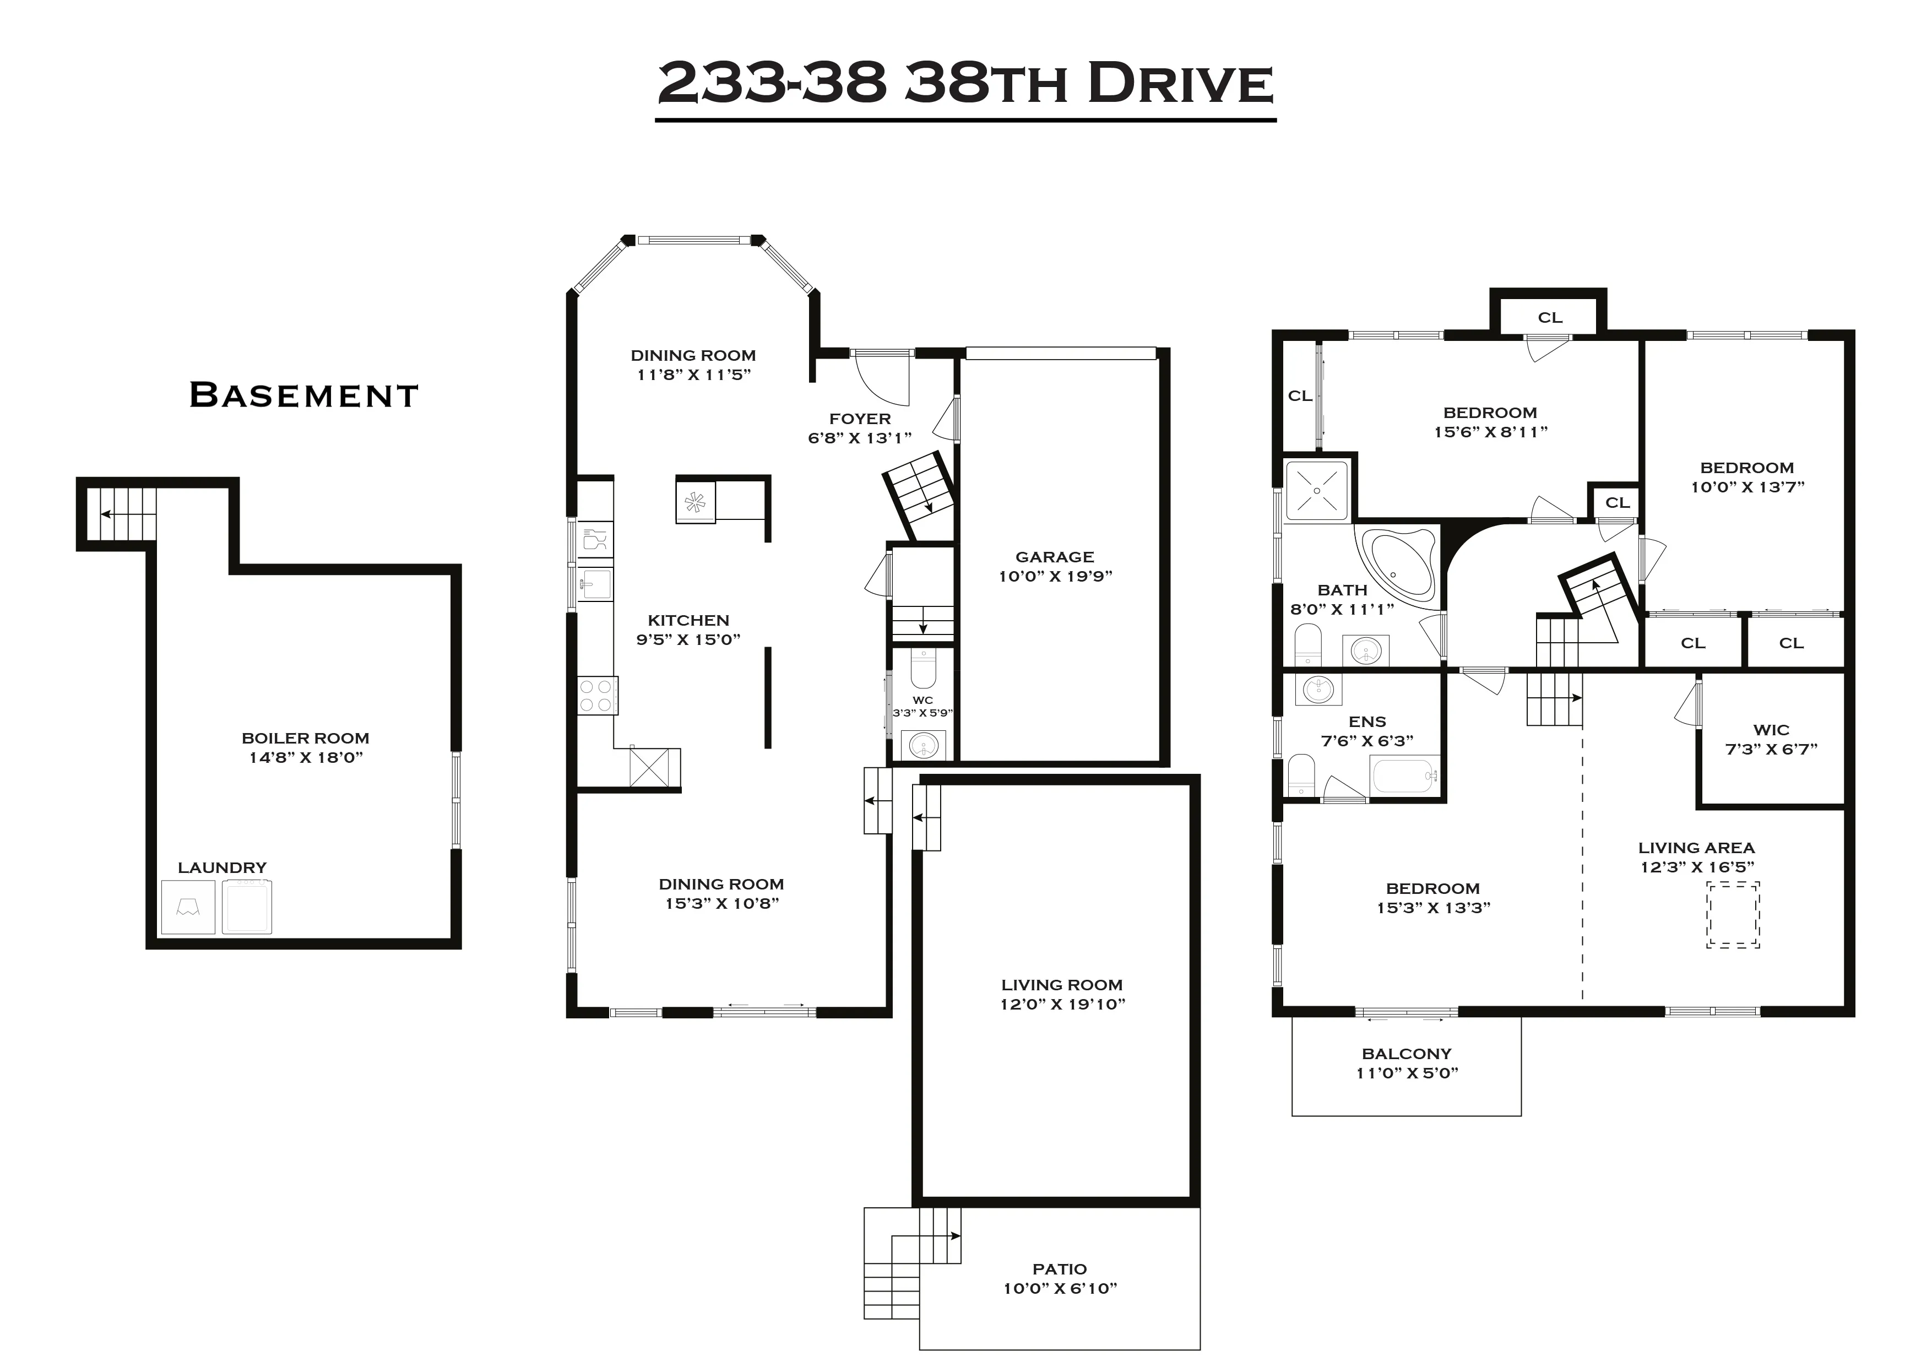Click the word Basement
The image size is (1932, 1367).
pos(304,395)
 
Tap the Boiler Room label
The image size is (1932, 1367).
pos(306,738)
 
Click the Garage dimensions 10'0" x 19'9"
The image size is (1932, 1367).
pos(1055,577)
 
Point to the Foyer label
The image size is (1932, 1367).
pos(860,419)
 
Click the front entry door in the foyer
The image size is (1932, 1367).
pos(882,376)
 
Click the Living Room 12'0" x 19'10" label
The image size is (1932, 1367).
pos(1062,994)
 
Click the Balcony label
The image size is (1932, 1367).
pos(1406,1054)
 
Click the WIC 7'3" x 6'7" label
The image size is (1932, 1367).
pos(1771,739)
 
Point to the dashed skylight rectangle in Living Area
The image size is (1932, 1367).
pos(1733,915)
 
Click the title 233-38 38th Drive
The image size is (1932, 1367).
pos(965,84)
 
